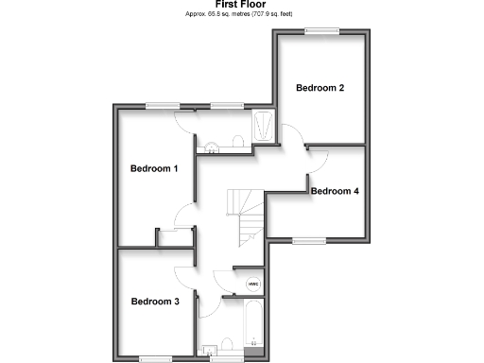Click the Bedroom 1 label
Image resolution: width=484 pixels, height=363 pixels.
pos(154,169)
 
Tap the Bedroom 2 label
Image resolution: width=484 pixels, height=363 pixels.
pos(320,88)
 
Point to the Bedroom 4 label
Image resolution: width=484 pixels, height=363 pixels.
pos(335,191)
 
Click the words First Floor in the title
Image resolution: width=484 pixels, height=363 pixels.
pos(242,4)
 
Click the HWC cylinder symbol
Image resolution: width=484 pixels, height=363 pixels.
pos(252,284)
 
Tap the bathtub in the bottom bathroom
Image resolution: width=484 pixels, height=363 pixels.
pos(253,326)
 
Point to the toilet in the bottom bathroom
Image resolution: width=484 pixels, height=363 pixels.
pos(227,346)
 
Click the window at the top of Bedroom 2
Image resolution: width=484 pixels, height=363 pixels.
pos(321,31)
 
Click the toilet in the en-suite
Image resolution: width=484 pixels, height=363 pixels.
pos(237,142)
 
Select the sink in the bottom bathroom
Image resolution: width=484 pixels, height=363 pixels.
pos(207,348)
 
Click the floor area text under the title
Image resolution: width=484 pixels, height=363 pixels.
pos(242,15)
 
